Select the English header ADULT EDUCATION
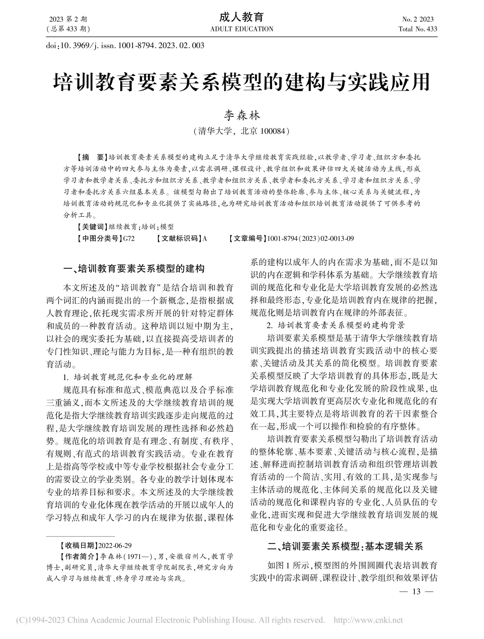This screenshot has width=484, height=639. [242, 29]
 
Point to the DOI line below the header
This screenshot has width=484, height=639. [125, 45]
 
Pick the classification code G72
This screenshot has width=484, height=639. [129, 239]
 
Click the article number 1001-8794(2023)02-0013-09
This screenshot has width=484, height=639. [310, 239]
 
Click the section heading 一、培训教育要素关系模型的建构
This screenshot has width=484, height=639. [134, 269]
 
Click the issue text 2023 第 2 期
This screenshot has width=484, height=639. [68, 19]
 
